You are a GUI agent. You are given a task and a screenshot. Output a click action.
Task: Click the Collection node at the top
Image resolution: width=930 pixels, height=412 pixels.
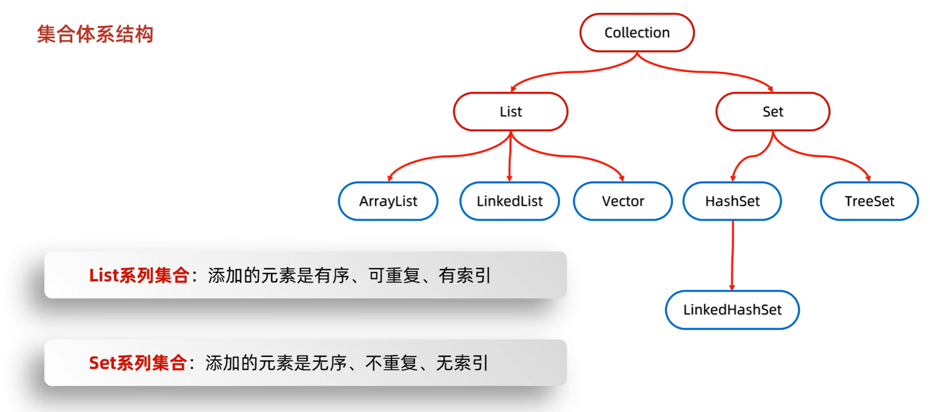tap(637, 32)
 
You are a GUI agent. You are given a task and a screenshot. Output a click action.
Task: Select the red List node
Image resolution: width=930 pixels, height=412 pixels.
tap(510, 111)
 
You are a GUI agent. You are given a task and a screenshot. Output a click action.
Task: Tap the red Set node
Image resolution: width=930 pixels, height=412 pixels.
tap(773, 111)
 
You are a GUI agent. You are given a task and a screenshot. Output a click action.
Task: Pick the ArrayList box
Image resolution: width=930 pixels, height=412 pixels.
tap(388, 201)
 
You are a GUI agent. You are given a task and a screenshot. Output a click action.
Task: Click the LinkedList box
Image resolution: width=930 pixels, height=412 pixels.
tap(510, 201)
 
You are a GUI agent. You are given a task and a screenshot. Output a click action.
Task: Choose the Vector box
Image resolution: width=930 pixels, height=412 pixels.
tap(623, 201)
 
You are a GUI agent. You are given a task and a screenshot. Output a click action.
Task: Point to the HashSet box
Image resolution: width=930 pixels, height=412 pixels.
tap(732, 201)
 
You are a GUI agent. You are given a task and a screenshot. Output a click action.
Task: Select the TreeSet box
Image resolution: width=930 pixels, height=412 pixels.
tap(869, 201)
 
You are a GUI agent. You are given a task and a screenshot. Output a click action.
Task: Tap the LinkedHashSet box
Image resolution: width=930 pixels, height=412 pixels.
tap(732, 310)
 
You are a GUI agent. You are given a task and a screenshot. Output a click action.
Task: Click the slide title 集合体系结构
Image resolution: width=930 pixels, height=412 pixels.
tap(95, 34)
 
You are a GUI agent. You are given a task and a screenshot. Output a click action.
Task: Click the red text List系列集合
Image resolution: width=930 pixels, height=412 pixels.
tap(139, 275)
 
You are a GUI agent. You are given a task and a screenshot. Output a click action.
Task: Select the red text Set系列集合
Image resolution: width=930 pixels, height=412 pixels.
tap(137, 363)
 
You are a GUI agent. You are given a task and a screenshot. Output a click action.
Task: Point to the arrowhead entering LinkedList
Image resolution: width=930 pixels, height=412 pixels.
tap(510, 178)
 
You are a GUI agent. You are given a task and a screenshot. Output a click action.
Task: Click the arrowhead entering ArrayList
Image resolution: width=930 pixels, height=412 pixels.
tap(390, 178)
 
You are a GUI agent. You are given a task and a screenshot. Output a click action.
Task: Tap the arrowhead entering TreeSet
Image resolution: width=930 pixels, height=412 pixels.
tap(868, 178)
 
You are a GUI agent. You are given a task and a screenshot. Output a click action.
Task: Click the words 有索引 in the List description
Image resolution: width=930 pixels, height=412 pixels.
tap(465, 275)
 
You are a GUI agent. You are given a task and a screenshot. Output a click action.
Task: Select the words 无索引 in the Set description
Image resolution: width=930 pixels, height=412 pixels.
tap(462, 363)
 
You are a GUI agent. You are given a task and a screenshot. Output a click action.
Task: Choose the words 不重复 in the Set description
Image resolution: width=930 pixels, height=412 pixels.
tap(392, 363)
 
